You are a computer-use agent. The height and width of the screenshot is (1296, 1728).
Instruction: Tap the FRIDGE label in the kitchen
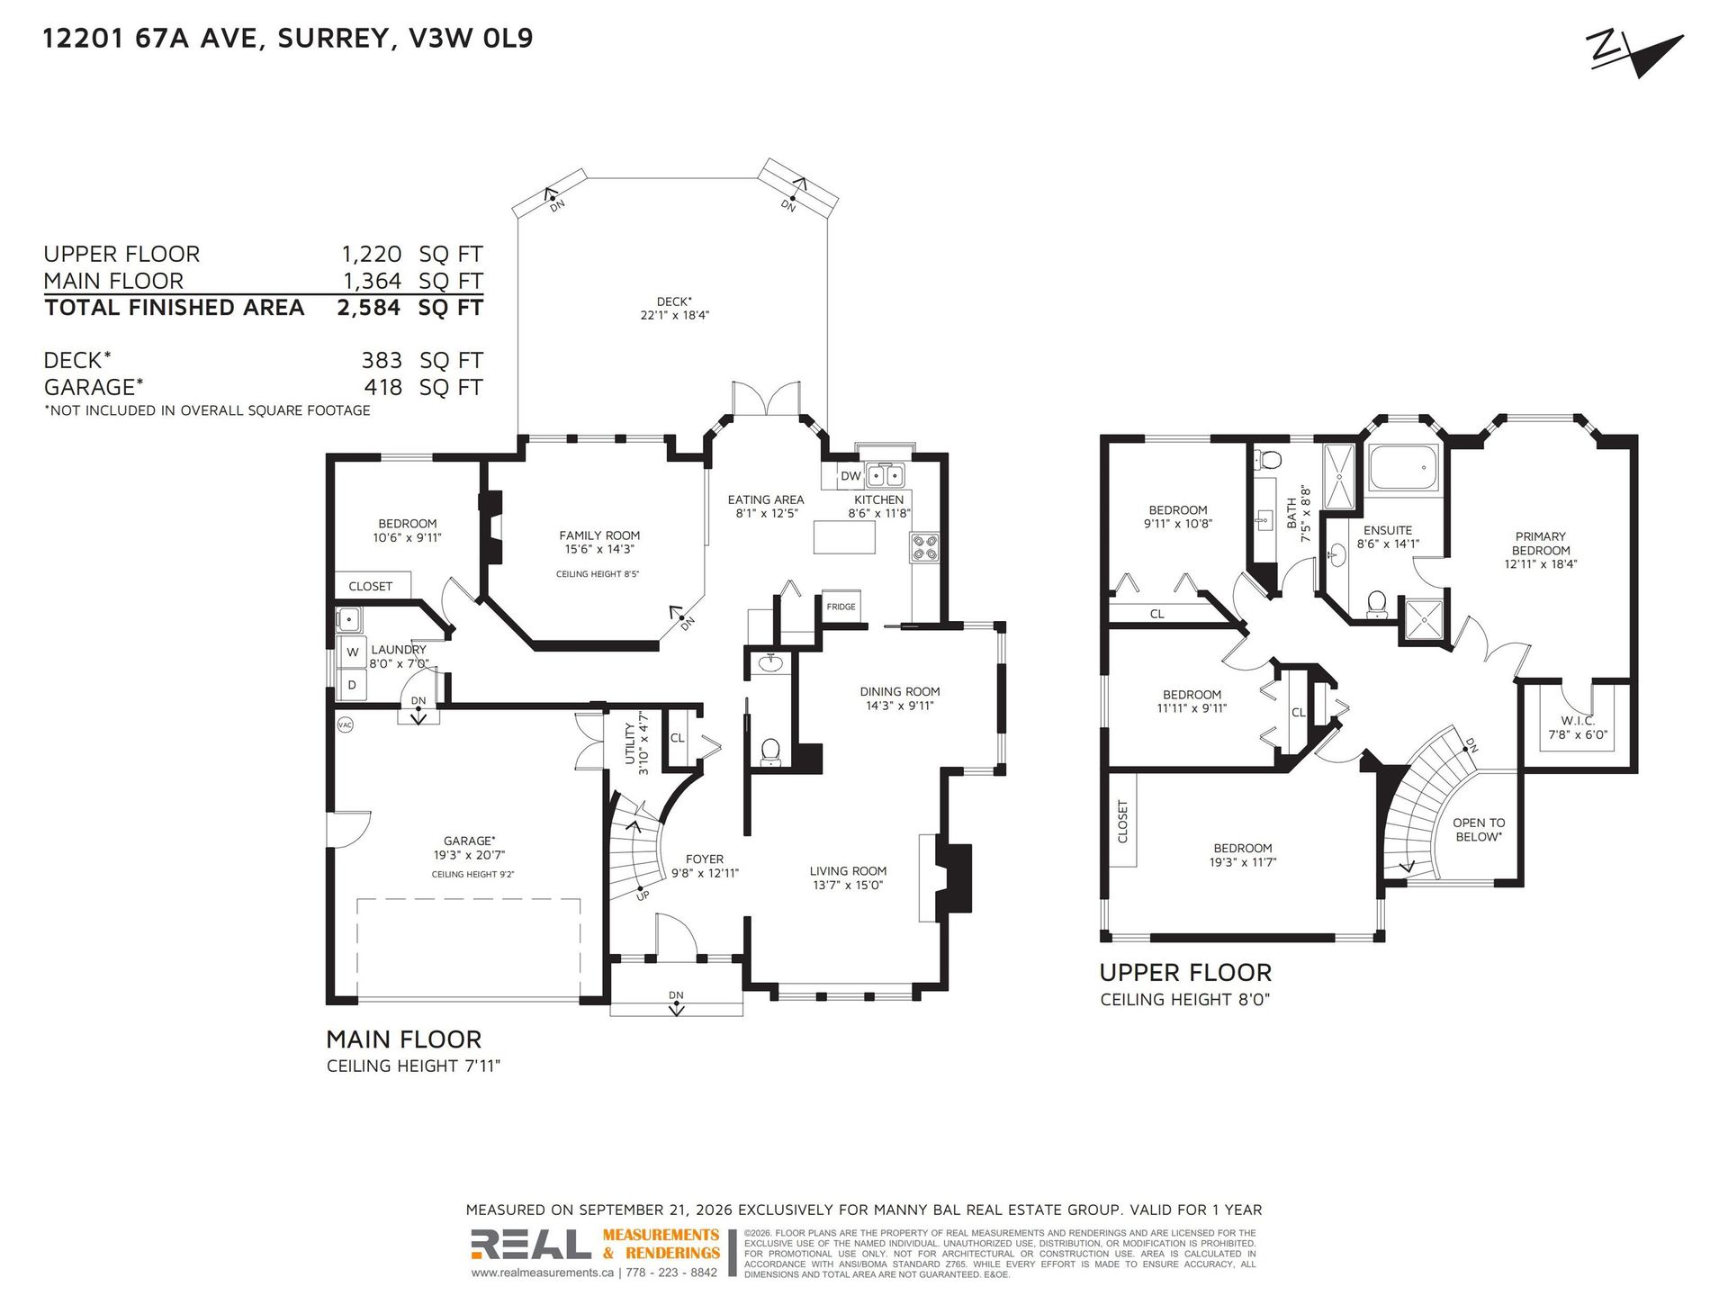[x=841, y=607]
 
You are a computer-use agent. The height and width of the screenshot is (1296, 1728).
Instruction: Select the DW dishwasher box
[x=851, y=476]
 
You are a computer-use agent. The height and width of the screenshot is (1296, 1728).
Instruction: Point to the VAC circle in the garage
[x=345, y=724]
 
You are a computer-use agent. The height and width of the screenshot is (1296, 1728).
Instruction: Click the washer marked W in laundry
[x=352, y=652]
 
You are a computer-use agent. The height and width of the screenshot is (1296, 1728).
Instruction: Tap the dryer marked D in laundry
[x=352, y=685]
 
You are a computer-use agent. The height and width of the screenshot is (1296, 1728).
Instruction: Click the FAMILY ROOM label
[x=599, y=535]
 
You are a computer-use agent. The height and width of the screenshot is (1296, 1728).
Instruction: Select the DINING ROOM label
[x=900, y=692]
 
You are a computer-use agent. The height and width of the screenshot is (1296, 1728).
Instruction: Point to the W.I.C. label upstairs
[x=1578, y=721]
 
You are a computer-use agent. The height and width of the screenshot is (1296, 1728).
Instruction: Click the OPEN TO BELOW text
[x=1479, y=830]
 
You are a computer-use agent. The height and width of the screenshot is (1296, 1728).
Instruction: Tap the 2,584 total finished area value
[x=369, y=308]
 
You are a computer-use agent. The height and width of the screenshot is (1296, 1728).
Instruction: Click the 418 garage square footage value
[x=382, y=387]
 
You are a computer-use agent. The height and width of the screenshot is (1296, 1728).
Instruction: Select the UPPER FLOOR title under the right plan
[x=1185, y=973]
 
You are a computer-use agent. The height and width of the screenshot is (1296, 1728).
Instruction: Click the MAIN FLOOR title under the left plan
[x=403, y=1039]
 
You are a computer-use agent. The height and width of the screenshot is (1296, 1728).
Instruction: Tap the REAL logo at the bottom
[x=531, y=1245]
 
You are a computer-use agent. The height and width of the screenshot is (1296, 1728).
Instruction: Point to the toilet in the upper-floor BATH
[x=1269, y=461]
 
